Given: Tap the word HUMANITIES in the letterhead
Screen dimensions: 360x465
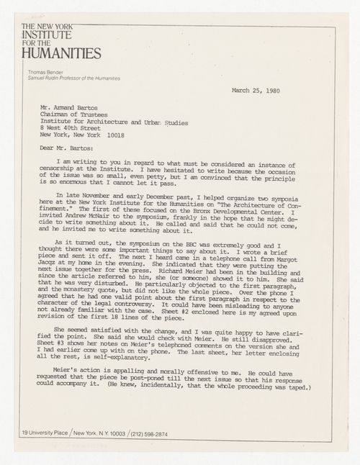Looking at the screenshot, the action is click(x=61, y=53).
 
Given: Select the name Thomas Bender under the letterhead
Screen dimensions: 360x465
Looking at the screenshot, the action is click(x=45, y=73).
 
